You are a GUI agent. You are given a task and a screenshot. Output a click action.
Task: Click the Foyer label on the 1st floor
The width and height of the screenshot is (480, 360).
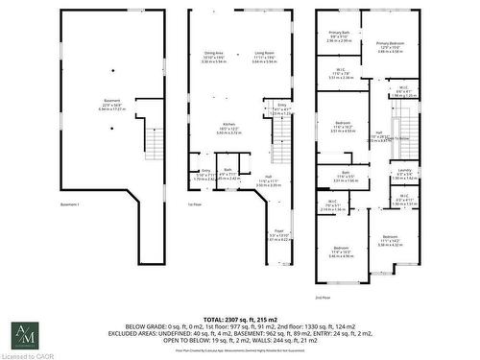pyautogui.click(x=279, y=231)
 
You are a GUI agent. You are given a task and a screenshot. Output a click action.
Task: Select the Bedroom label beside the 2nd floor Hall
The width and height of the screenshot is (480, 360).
pyautogui.click(x=343, y=126)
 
